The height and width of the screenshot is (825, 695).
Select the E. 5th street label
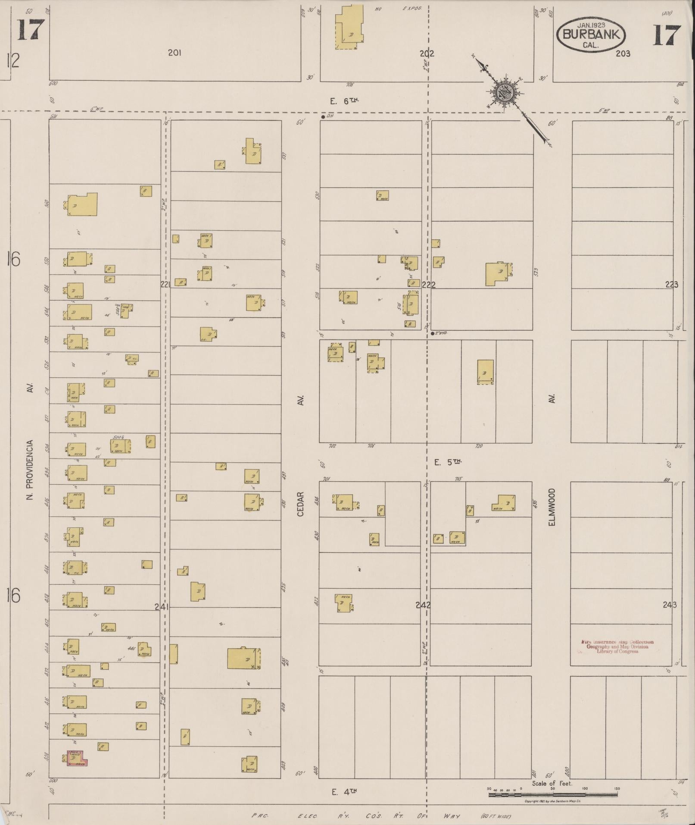pyautogui.click(x=448, y=462)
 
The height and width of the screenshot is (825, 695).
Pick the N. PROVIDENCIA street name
pyautogui.click(x=30, y=470)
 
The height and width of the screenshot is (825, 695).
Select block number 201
pyautogui.click(x=175, y=53)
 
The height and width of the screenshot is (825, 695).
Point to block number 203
pyautogui.click(x=623, y=53)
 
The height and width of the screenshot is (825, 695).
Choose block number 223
pyautogui.click(x=671, y=285)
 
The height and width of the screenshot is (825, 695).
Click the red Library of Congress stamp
pyautogui.click(x=617, y=647)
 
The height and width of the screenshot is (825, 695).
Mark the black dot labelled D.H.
pyautogui.click(x=323, y=116)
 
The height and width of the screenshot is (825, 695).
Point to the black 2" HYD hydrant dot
pyautogui.click(x=432, y=333)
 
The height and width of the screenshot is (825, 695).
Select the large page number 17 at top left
pyautogui.click(x=31, y=30)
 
